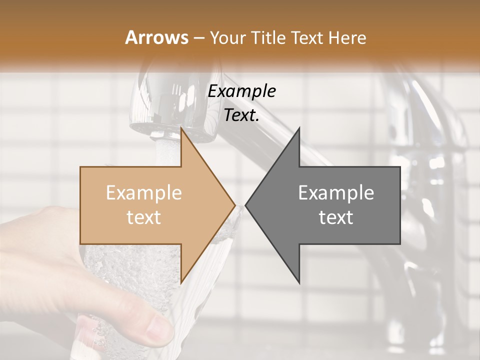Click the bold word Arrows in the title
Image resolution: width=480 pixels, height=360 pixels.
pos(157,37)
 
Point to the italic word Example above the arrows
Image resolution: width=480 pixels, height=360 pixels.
pos(241,91)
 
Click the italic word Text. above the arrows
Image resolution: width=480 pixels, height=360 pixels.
pos(241,115)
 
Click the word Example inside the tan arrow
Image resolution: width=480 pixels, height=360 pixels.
pos(143,193)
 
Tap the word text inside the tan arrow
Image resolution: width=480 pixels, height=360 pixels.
pos(143,217)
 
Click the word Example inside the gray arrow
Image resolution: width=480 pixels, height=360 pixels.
pos(336,193)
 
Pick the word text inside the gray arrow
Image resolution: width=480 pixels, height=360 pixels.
pos(336,217)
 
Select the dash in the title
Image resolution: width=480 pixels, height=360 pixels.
pos(198,37)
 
